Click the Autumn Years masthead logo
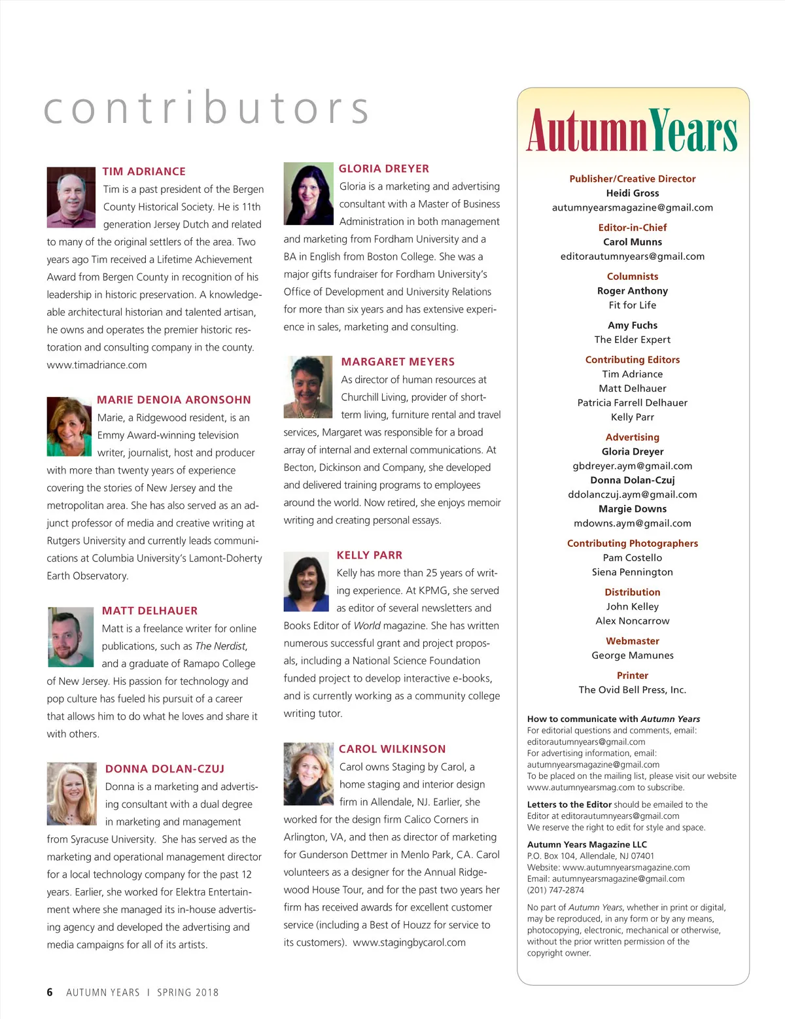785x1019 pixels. coord(632,130)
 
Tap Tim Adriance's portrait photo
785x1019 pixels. coord(71,197)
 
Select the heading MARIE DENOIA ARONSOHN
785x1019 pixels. coord(174,400)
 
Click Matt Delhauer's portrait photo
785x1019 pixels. coord(71,636)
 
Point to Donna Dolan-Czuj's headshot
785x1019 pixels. coord(72,793)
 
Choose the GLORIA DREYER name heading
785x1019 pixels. coord(384,169)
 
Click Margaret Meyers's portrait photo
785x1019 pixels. coord(308,387)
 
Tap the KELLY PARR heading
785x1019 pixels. coord(370,555)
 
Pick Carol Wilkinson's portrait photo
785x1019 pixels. coord(309,773)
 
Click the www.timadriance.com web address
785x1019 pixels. coord(97,365)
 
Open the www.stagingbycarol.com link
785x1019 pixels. coord(410,942)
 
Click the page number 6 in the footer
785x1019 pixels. coord(50,992)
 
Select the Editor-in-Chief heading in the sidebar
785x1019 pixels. coord(633,228)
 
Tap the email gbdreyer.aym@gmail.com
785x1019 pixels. coord(633,466)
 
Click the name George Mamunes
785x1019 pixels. coord(633,655)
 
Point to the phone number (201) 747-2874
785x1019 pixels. coord(555,890)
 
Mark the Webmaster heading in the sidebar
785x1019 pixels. coord(633,641)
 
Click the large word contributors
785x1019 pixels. coord(207,108)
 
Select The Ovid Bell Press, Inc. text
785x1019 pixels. coord(633,689)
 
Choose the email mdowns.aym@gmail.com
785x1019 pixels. coord(633,523)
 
